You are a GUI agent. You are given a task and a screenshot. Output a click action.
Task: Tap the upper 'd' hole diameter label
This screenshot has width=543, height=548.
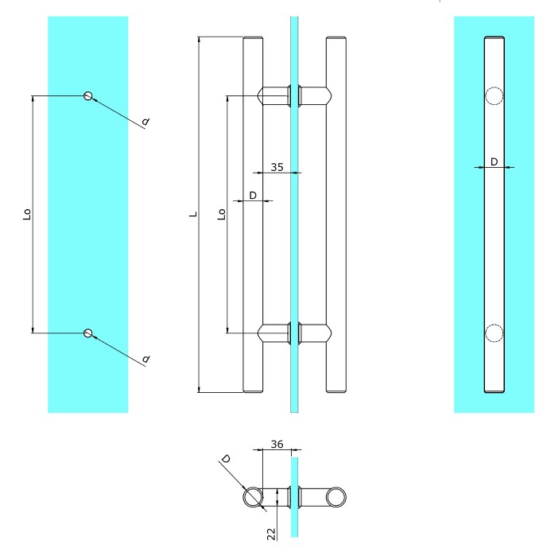[145, 121]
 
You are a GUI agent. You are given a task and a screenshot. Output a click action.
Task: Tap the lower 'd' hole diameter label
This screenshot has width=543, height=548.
[146, 359]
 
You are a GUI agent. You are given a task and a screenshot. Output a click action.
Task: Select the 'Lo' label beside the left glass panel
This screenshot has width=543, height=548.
[27, 214]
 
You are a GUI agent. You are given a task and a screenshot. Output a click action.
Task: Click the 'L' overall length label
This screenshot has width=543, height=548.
[193, 214]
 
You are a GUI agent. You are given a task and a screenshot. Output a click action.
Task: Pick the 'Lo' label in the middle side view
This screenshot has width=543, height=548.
[222, 214]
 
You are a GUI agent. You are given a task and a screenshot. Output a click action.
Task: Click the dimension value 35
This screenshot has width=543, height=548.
[277, 167]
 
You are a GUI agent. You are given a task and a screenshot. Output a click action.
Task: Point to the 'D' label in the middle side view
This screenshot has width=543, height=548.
[253, 195]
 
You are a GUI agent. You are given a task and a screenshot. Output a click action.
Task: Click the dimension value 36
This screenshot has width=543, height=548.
[277, 444]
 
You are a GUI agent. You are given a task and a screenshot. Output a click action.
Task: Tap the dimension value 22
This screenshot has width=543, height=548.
[271, 534]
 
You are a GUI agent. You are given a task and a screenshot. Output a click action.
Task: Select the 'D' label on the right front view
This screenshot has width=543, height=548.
[494, 161]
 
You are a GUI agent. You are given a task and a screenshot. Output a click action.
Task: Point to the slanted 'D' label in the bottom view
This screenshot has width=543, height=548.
[226, 459]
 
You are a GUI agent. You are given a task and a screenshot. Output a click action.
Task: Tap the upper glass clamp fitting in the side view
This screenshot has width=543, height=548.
[294, 95]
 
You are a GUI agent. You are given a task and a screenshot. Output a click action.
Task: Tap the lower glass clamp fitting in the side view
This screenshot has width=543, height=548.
[294, 333]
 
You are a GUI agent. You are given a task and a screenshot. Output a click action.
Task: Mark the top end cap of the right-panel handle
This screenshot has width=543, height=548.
[494, 37]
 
